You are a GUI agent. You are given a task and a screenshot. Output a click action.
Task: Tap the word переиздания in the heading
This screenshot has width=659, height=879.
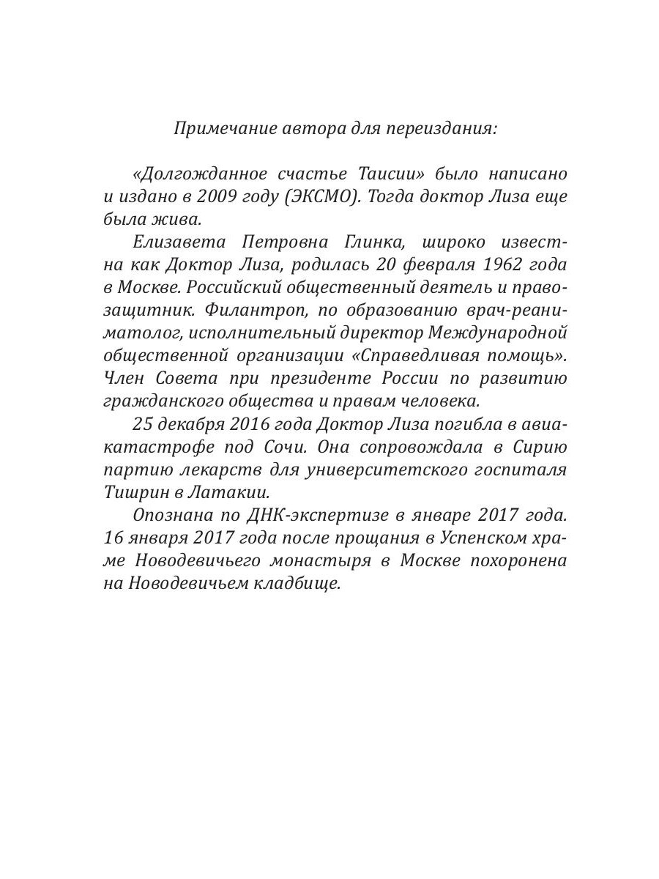click(x=433, y=129)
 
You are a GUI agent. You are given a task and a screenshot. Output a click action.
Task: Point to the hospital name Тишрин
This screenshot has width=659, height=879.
click(x=133, y=492)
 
